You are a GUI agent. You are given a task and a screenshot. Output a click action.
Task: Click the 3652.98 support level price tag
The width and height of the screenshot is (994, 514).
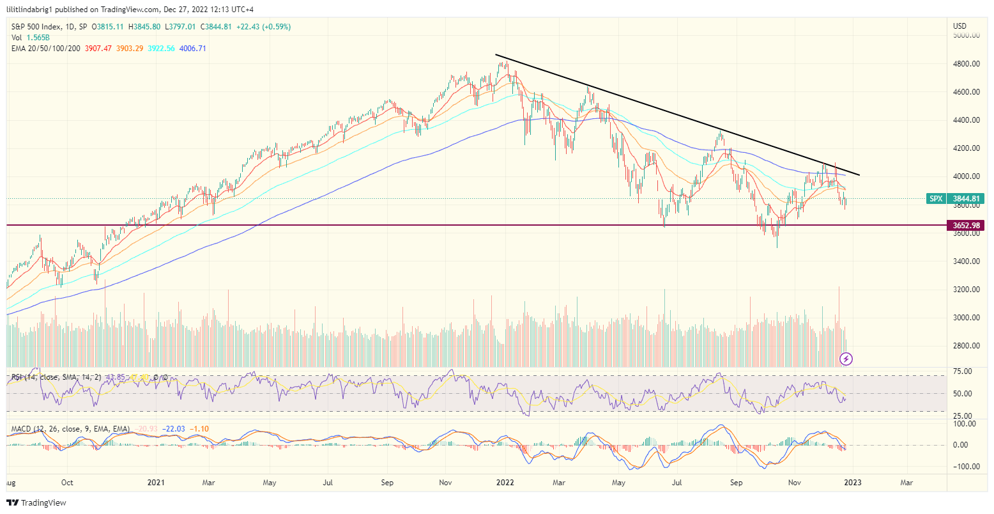click(x=966, y=226)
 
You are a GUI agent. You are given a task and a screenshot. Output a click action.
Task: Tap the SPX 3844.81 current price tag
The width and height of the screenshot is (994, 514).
click(x=955, y=199)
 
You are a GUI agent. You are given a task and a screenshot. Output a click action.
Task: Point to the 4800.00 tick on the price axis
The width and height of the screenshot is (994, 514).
click(x=966, y=64)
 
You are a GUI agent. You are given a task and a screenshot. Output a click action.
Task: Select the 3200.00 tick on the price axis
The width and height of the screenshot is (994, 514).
click(x=966, y=290)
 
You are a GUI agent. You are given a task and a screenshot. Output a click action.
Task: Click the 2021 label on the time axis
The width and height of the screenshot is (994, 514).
click(x=157, y=482)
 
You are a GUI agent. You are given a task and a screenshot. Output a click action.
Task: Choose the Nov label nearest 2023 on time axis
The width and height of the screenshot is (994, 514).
click(x=794, y=482)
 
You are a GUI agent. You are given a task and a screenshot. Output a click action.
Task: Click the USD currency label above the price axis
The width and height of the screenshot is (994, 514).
click(x=960, y=26)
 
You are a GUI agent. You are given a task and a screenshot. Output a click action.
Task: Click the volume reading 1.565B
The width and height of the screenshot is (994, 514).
click(x=39, y=38)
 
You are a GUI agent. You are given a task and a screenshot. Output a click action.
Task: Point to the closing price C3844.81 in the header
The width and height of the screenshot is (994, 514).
click(x=221, y=27)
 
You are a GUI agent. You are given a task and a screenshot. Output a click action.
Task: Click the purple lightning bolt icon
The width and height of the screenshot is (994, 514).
click(x=846, y=359)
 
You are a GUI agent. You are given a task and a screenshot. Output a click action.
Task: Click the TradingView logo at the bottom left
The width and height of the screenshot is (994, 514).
click(x=36, y=503)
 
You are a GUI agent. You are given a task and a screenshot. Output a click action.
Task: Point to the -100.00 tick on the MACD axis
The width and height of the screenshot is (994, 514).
click(x=963, y=467)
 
